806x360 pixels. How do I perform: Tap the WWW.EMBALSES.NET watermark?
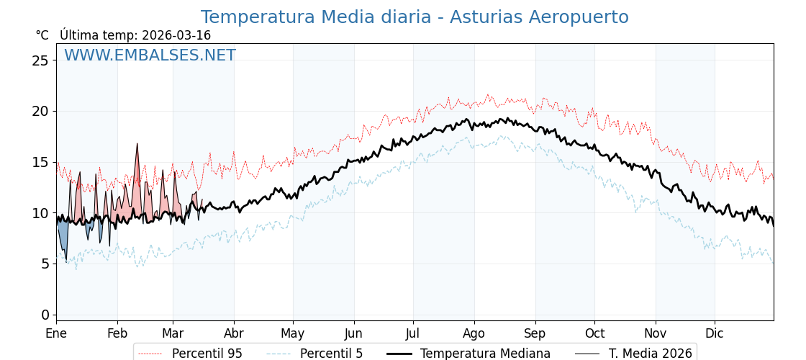(x=150, y=55)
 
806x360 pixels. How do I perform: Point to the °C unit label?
(x=42, y=35)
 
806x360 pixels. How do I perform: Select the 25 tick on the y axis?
(x=40, y=60)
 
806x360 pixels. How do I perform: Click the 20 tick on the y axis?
(x=40, y=111)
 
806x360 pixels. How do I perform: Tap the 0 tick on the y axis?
(x=45, y=315)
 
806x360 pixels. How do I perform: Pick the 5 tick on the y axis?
(x=45, y=264)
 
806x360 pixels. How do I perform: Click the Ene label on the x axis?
(x=56, y=333)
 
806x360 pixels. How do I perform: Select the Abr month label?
(x=234, y=333)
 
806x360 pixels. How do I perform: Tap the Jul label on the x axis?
(x=413, y=333)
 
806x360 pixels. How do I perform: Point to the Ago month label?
(x=474, y=333)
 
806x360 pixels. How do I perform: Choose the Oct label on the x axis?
(x=594, y=333)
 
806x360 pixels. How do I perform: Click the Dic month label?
(x=715, y=333)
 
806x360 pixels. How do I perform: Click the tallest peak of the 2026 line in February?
(x=137, y=144)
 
